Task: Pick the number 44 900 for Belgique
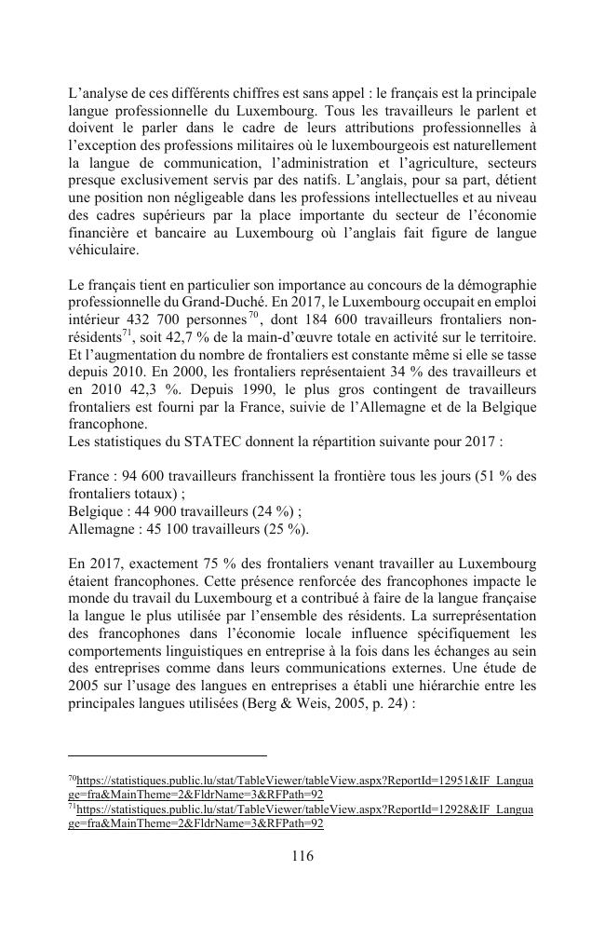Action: (157, 510)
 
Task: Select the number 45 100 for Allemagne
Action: (166, 527)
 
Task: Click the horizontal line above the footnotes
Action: (168, 755)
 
